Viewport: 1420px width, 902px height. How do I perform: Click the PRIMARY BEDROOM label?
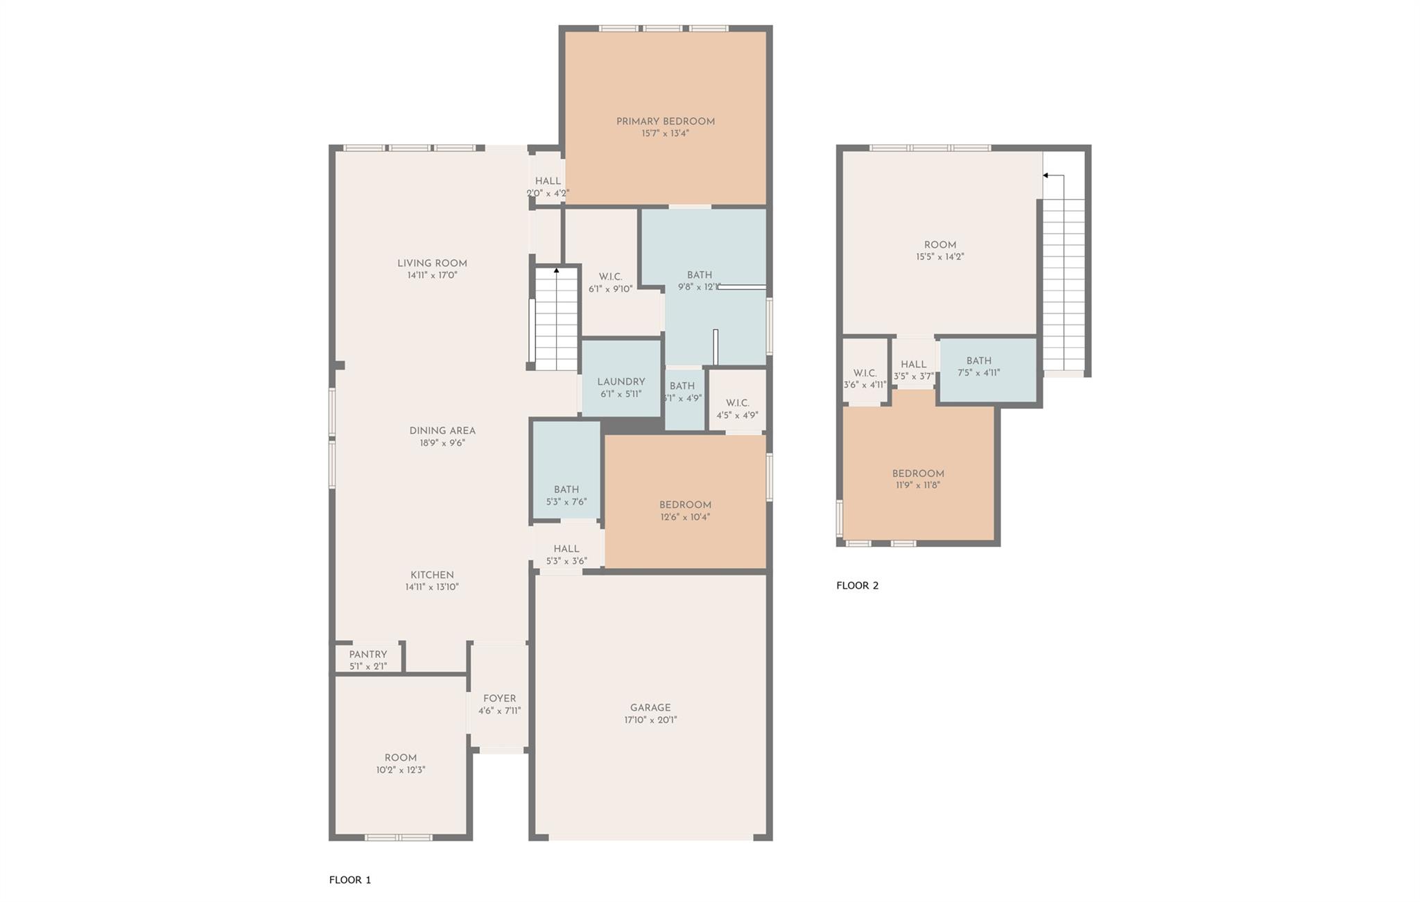(665, 122)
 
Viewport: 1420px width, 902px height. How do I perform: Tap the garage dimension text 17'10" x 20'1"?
(650, 720)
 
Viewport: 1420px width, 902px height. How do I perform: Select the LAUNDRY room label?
(621, 382)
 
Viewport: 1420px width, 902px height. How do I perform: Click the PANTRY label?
(368, 654)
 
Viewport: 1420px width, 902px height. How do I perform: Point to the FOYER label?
(499, 699)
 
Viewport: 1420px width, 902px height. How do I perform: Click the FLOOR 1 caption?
(350, 880)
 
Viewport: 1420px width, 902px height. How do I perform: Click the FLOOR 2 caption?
(857, 585)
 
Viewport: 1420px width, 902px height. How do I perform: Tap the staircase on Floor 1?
(555, 319)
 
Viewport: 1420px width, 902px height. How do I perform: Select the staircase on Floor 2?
(1064, 284)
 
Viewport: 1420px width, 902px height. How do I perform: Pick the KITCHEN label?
(432, 575)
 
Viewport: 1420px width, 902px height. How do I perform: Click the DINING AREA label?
(442, 431)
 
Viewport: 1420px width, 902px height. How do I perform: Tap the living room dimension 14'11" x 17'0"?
(432, 275)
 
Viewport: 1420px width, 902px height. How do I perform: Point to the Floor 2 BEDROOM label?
(918, 474)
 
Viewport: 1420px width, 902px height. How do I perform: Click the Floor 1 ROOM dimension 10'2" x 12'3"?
(401, 770)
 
